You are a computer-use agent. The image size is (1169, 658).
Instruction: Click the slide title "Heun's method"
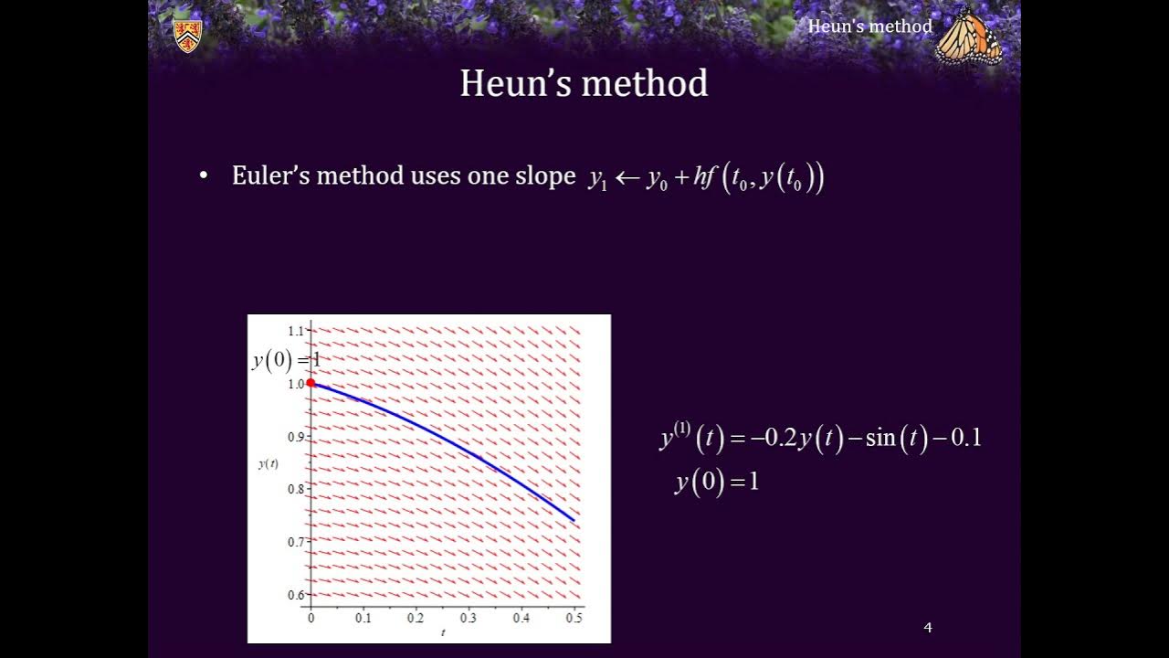(584, 83)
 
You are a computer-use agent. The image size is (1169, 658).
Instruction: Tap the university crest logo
(187, 36)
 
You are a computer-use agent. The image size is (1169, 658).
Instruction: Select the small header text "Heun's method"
(869, 27)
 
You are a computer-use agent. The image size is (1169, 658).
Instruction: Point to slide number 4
(928, 627)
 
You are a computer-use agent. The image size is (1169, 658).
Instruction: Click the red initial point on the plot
(311, 383)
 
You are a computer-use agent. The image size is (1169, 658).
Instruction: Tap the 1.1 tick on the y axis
(296, 330)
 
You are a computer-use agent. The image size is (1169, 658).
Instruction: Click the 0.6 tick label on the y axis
(296, 595)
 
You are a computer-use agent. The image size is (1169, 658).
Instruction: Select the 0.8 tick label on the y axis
(296, 489)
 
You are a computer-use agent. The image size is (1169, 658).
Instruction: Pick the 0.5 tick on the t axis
(574, 619)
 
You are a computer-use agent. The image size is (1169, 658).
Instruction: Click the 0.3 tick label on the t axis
(469, 619)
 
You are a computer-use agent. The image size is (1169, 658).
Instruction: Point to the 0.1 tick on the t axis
(363, 619)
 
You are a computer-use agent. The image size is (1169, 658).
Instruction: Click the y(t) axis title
(268, 463)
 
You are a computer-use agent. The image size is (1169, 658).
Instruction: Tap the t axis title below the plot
(443, 632)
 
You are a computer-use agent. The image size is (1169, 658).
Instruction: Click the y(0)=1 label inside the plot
(286, 360)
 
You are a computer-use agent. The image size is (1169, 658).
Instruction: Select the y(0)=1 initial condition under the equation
(717, 482)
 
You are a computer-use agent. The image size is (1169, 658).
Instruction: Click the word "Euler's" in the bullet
(268, 175)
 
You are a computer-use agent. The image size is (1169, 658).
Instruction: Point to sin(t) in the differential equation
(890, 439)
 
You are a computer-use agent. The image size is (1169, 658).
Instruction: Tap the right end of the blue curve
(574, 520)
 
